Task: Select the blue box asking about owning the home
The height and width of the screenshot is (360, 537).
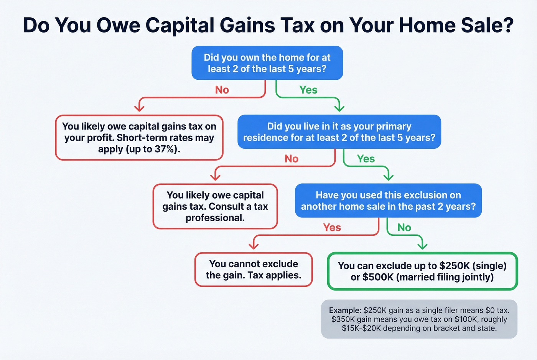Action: [267, 63]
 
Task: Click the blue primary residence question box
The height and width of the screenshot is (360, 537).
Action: [339, 132]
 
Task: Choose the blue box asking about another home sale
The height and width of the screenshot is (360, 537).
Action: [388, 201]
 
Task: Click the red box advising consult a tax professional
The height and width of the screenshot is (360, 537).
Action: [215, 206]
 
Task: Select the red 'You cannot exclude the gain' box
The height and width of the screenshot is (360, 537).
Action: [253, 270]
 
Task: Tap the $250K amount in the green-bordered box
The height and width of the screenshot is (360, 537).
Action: [454, 266]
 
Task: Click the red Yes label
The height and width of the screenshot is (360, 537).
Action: [332, 227]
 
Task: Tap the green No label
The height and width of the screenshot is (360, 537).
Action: [404, 227]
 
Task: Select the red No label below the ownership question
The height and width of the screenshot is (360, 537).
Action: [222, 90]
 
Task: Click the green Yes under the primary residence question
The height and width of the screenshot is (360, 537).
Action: [366, 159]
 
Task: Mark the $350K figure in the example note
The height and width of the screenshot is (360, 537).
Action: [343, 319]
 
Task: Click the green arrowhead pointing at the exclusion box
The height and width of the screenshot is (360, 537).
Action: [422, 246]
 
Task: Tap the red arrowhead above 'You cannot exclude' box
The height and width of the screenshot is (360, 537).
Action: [254, 246]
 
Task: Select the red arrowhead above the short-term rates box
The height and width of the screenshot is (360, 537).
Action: [139, 108]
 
